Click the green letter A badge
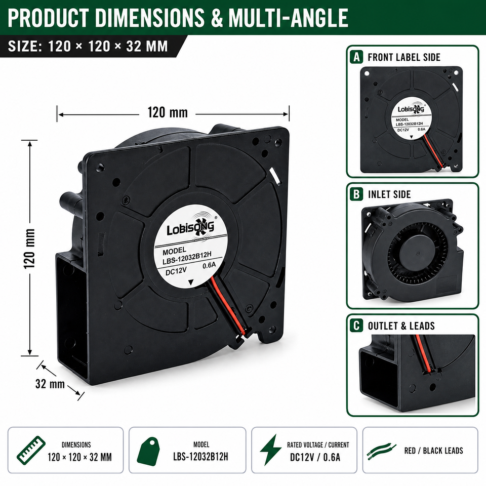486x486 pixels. (x=356, y=57)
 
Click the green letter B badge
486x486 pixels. (x=356, y=194)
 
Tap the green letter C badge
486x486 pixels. (x=356, y=326)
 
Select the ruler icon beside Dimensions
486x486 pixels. (x=31, y=451)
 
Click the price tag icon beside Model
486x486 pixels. (x=148, y=451)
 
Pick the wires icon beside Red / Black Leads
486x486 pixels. (x=382, y=451)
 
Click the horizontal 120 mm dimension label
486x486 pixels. (x=168, y=112)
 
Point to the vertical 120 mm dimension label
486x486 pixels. (x=30, y=249)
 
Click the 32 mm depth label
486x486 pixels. (x=50, y=384)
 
